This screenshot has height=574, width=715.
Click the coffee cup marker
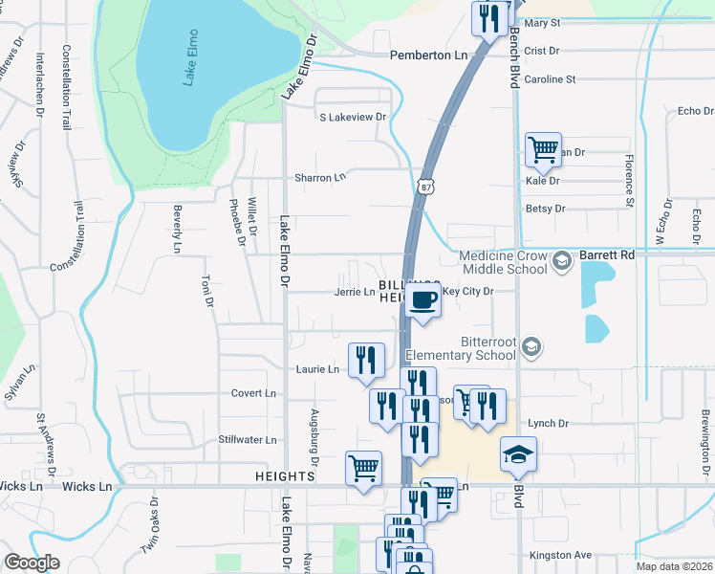coord(422,301)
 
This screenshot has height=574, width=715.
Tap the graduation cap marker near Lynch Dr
coord(518,454)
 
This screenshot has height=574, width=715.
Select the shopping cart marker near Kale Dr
coord(543,149)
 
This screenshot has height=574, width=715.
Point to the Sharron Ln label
coord(319,178)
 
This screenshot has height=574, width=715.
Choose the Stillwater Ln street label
coord(247,440)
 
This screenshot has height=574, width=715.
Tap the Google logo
coord(32,563)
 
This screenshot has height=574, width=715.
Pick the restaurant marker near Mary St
coord(489,19)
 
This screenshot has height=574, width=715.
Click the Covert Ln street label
coord(253,393)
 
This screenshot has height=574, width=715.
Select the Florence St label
coord(630,179)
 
